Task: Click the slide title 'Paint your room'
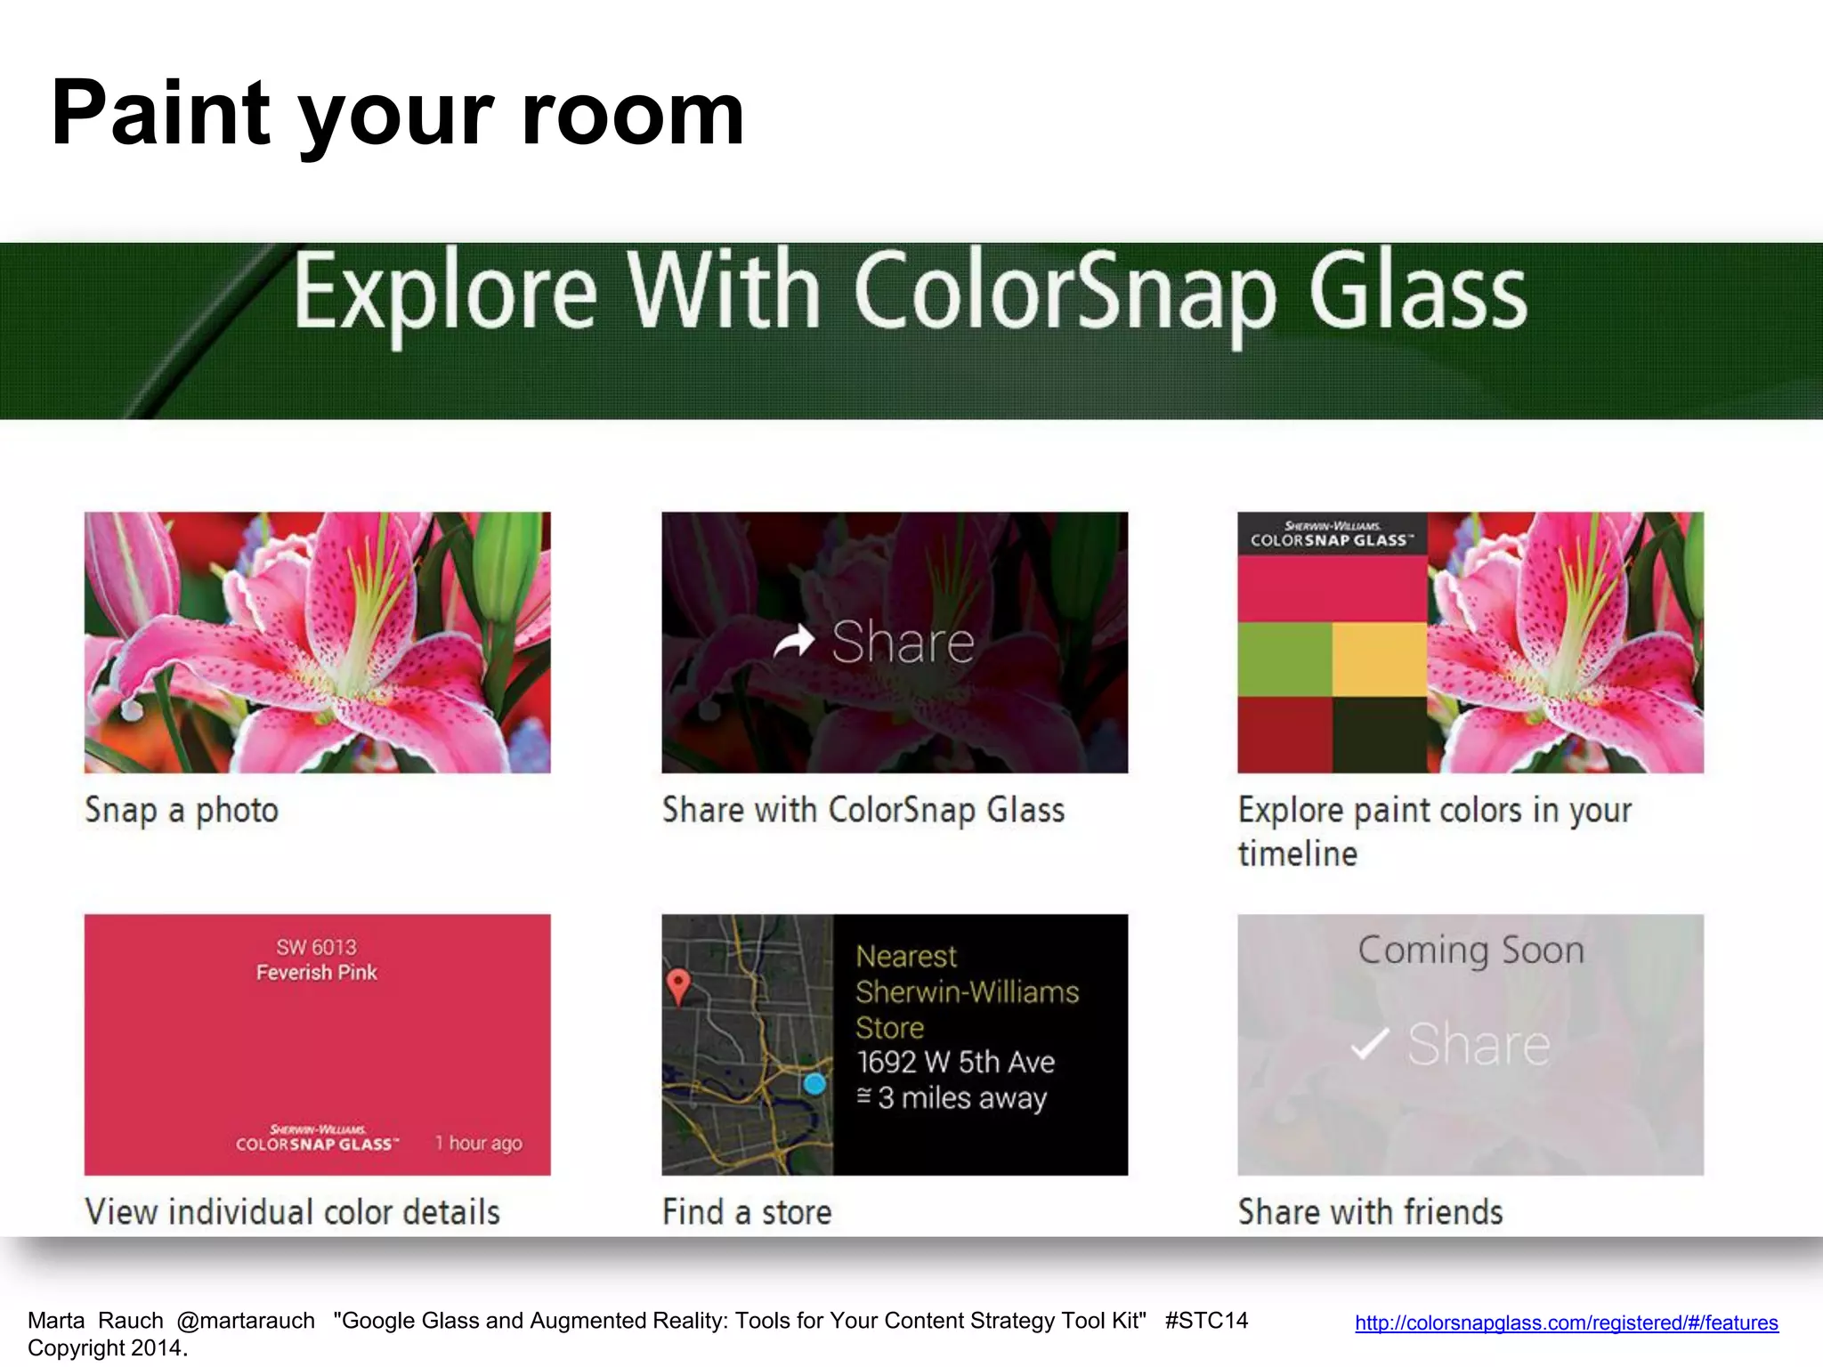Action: tap(397, 114)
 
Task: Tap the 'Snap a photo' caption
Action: tap(182, 811)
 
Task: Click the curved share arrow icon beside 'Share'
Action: tap(794, 641)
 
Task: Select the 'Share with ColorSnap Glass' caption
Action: tap(863, 811)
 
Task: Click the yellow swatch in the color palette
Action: tap(1379, 659)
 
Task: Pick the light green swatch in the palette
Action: tap(1284, 659)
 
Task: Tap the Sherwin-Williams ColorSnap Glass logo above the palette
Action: tap(1332, 534)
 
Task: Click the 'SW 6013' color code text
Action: tap(316, 947)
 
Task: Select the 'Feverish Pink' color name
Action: tap(316, 973)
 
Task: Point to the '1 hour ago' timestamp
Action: tap(479, 1143)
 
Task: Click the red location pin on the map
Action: tap(678, 985)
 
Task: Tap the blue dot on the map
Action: tap(814, 1084)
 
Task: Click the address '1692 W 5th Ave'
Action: tap(955, 1063)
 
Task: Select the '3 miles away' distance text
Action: tap(961, 1098)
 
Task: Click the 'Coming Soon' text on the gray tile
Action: tap(1471, 950)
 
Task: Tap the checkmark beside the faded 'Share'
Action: tap(1369, 1044)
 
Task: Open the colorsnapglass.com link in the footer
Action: tap(1566, 1323)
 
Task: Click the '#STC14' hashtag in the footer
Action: tap(1206, 1321)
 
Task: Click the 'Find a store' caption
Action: tap(747, 1213)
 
